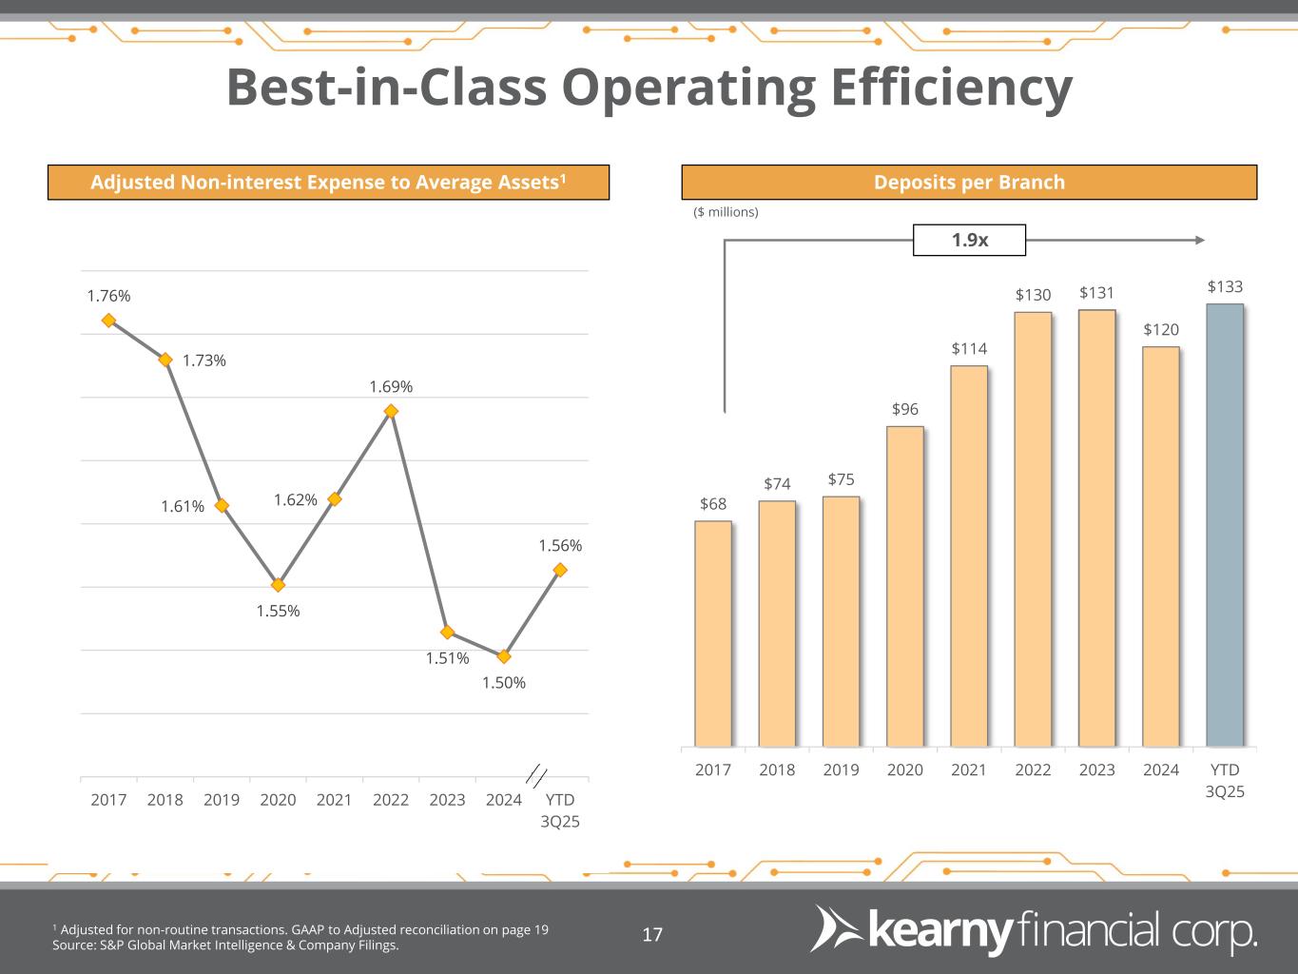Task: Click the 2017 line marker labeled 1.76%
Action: point(108,321)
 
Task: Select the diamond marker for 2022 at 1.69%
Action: point(391,411)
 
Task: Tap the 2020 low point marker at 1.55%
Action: point(278,585)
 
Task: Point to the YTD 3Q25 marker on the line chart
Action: point(560,570)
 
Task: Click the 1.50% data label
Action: point(503,682)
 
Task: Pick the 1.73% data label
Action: point(204,360)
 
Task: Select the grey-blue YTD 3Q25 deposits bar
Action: point(1224,525)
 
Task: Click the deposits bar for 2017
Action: point(713,633)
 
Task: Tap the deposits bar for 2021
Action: point(969,556)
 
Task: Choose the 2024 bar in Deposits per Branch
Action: point(1160,547)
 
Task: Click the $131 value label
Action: point(1096,293)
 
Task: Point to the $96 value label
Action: point(904,409)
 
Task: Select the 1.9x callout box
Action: point(969,240)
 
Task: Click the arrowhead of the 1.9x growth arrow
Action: point(1200,240)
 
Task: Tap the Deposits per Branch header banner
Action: point(969,182)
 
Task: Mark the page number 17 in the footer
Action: point(652,934)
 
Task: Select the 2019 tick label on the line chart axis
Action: point(222,800)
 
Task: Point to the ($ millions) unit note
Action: point(726,212)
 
